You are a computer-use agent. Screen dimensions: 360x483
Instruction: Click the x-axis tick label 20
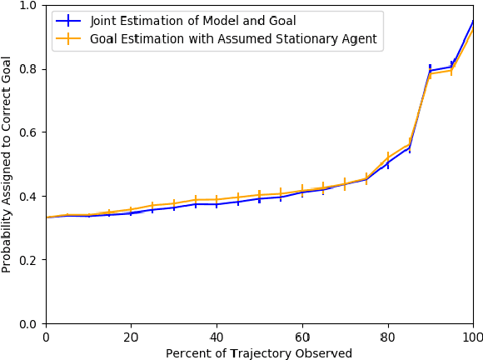131,337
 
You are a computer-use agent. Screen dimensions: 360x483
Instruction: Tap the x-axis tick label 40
217,337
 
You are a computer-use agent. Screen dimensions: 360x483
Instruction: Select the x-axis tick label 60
302,337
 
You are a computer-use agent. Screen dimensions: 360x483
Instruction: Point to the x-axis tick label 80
387,337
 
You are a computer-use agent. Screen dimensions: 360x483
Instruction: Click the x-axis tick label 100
472,337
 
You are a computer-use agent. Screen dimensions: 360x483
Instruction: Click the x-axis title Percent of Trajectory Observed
259,353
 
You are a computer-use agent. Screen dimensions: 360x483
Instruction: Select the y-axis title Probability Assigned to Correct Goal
7,164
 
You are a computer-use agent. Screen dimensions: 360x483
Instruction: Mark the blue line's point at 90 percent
430,71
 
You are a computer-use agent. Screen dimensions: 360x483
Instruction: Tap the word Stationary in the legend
302,38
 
